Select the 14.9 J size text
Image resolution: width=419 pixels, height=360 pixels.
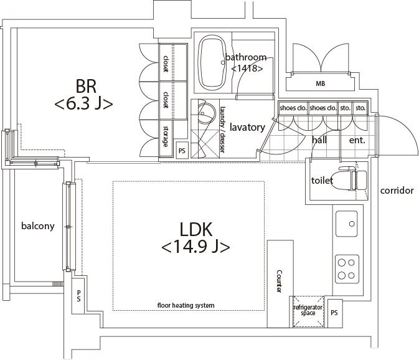click(195, 247)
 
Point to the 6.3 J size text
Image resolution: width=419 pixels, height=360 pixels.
click(84, 104)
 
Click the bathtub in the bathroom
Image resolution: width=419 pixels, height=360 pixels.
click(213, 61)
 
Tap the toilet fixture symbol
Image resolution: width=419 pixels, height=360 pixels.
click(352, 180)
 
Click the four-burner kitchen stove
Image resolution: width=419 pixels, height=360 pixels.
click(347, 268)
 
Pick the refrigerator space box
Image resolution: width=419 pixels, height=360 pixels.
click(308, 311)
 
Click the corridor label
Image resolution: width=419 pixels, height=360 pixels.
click(397, 191)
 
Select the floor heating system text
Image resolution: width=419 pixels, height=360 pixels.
click(186, 305)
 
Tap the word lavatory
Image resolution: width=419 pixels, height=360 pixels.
click(247, 127)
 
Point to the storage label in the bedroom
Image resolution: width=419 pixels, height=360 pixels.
click(166, 136)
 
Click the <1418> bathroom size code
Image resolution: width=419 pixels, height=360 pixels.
click(247, 69)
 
